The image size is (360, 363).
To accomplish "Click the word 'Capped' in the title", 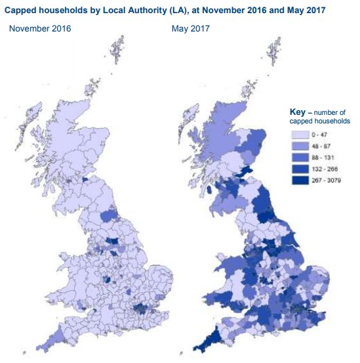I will click(24, 11).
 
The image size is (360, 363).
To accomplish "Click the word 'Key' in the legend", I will click(298, 112).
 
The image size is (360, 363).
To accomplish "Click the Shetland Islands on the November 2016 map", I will click(118, 49).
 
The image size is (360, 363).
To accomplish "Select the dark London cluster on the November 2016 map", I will click(140, 309).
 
